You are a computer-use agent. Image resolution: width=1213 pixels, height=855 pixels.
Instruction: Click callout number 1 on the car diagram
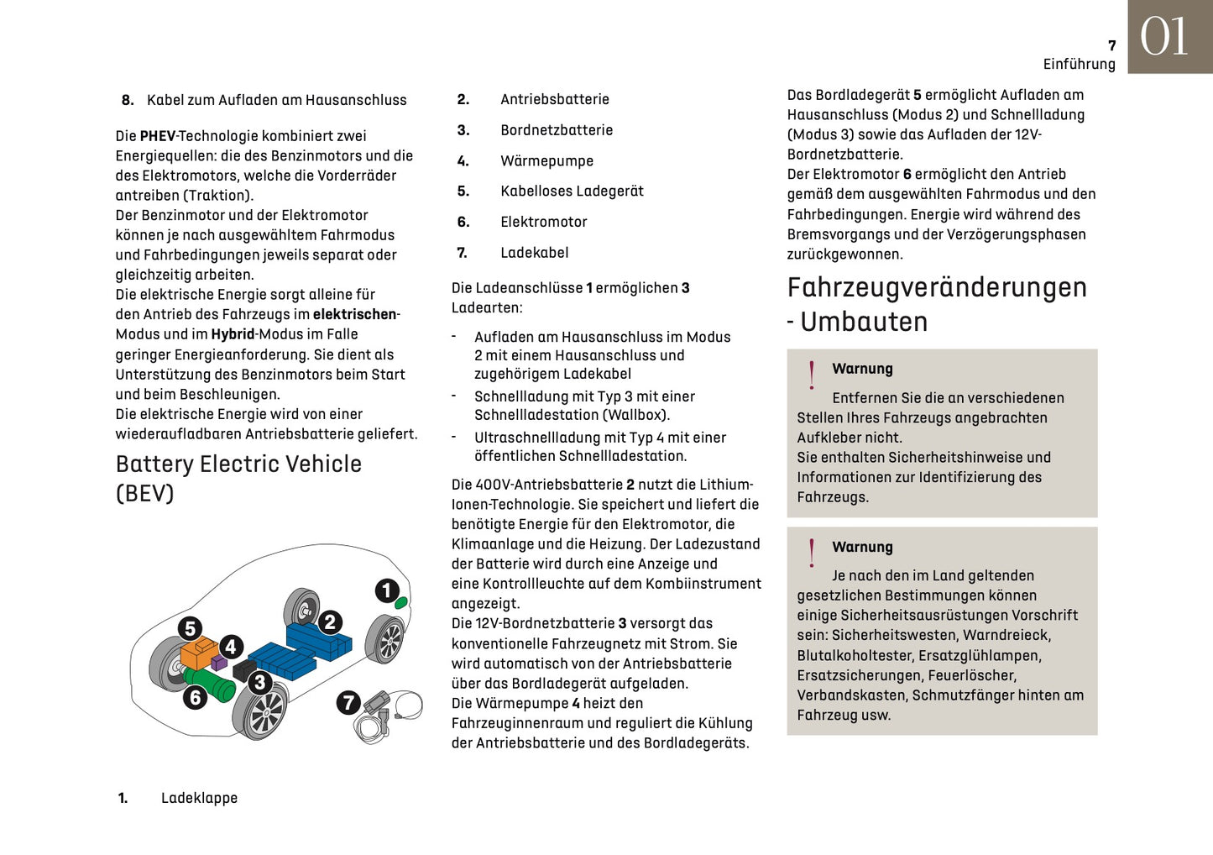[387, 590]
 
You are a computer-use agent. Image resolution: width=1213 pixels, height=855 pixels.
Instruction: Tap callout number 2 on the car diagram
[330, 622]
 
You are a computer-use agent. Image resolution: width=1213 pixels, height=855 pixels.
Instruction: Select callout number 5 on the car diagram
[191, 628]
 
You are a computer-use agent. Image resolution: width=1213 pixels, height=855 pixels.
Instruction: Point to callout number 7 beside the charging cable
[348, 702]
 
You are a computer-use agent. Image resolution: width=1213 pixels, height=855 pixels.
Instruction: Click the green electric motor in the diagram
[210, 685]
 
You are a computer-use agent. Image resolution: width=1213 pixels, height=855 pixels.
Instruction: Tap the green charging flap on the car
[401, 602]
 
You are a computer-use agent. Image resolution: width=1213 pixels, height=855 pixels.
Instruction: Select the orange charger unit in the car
[198, 653]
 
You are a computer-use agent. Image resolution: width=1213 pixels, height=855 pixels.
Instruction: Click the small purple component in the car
[219, 663]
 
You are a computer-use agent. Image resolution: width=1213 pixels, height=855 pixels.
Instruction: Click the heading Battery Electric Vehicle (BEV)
[238, 478]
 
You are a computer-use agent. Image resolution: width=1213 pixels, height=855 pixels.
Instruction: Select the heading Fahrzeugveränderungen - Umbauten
[936, 304]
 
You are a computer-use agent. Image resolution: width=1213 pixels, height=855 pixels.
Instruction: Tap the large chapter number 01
[1164, 38]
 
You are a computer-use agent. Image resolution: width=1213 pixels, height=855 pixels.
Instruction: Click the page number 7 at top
[1111, 46]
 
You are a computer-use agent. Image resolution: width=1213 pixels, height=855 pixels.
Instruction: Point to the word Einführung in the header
[1079, 65]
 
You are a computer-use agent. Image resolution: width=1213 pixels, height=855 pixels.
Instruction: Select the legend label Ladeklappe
[199, 798]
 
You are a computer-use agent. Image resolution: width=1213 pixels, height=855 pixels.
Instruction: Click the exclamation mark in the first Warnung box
[812, 375]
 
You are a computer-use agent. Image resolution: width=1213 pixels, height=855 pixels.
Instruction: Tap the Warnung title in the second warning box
[862, 547]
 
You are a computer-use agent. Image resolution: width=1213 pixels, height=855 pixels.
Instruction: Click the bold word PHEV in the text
[158, 136]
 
